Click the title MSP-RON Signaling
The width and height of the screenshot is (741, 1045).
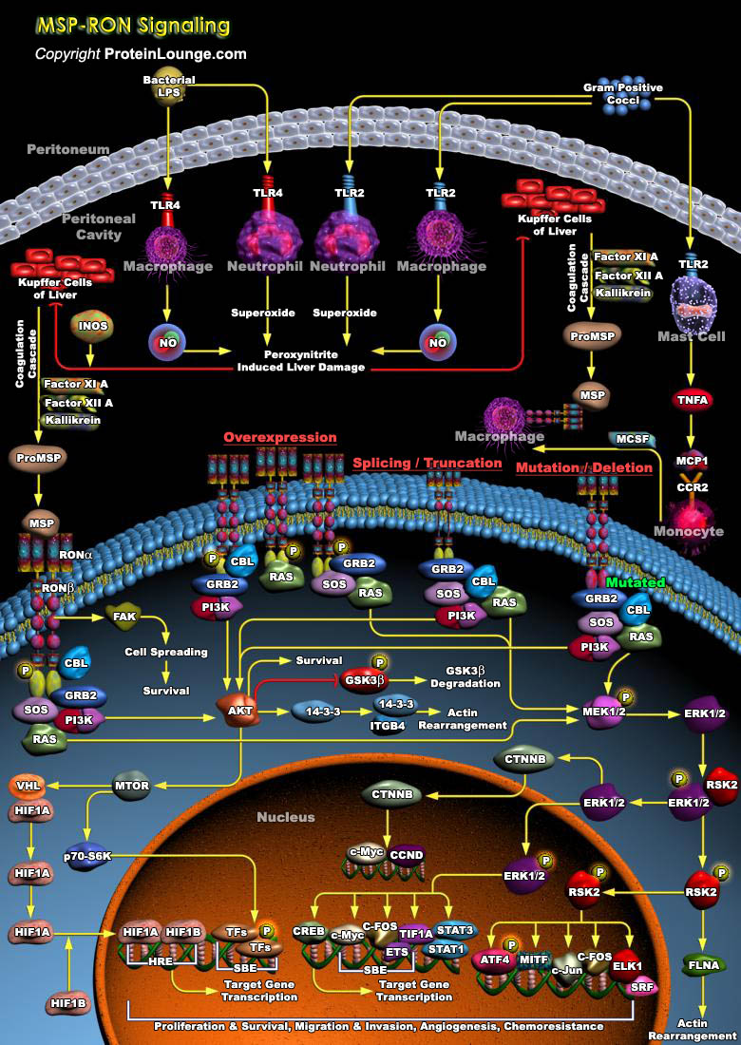(132, 25)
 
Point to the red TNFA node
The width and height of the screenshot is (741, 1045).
(692, 400)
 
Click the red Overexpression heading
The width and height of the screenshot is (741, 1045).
(280, 438)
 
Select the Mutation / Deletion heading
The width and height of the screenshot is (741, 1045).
(584, 468)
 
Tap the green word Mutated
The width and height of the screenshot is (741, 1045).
(636, 581)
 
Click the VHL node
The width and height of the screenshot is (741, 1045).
(26, 786)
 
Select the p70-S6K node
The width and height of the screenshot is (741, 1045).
(88, 855)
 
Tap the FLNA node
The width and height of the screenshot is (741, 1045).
(704, 966)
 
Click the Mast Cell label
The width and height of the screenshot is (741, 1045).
(692, 336)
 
